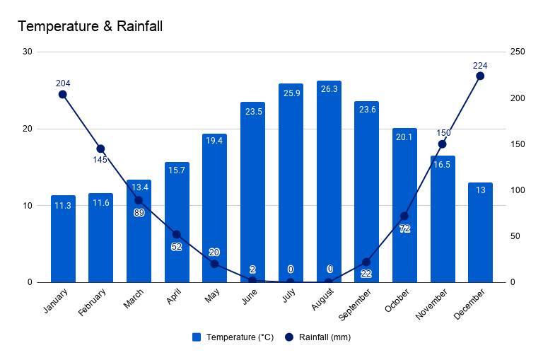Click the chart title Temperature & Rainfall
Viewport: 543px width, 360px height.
[90, 27]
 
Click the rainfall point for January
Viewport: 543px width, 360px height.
[63, 94]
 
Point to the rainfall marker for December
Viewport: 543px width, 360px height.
[480, 76]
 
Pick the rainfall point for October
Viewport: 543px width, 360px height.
[404, 216]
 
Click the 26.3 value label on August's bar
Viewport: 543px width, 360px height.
[329, 90]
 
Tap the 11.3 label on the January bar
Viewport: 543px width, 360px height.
[63, 206]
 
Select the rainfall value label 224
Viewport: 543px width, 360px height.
[480, 65]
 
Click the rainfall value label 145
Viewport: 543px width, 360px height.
[100, 160]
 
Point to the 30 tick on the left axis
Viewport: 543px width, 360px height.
[28, 52]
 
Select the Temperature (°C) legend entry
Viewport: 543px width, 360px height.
[233, 337]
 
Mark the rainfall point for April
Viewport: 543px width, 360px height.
[177, 234]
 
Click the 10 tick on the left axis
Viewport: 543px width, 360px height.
[28, 206]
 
